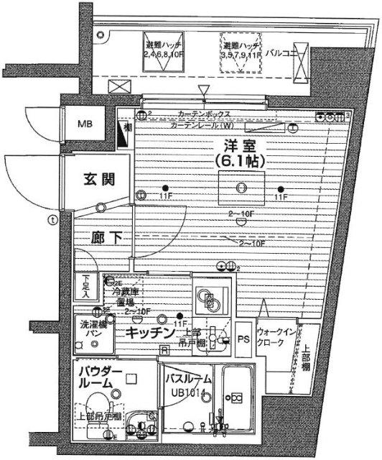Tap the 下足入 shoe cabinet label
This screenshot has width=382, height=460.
(85, 287)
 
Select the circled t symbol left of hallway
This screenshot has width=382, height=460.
(51, 220)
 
